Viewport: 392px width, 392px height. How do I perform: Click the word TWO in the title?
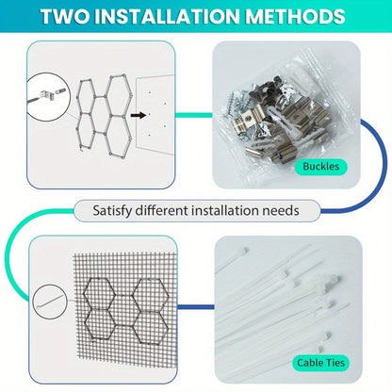[x=65, y=16]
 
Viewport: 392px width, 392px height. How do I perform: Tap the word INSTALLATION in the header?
[x=168, y=16]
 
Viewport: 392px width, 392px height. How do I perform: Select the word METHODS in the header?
[x=295, y=16]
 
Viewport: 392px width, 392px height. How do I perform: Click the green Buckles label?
[x=320, y=166]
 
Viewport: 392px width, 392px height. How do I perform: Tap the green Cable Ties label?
[x=320, y=363]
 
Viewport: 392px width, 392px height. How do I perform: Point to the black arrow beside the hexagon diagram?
[x=139, y=115]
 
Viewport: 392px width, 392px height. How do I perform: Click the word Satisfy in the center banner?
[x=112, y=210]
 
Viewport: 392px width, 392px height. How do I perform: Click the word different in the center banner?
[x=161, y=210]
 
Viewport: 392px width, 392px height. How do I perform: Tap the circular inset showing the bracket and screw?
[x=47, y=97]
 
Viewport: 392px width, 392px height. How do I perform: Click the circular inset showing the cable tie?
[x=50, y=302]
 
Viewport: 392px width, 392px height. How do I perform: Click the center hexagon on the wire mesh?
[x=125, y=310]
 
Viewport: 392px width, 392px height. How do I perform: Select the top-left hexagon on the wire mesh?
[x=99, y=294]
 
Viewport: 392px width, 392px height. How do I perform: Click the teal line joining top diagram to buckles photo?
[x=194, y=115]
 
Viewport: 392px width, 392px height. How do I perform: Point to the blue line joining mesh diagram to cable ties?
[x=196, y=307]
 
